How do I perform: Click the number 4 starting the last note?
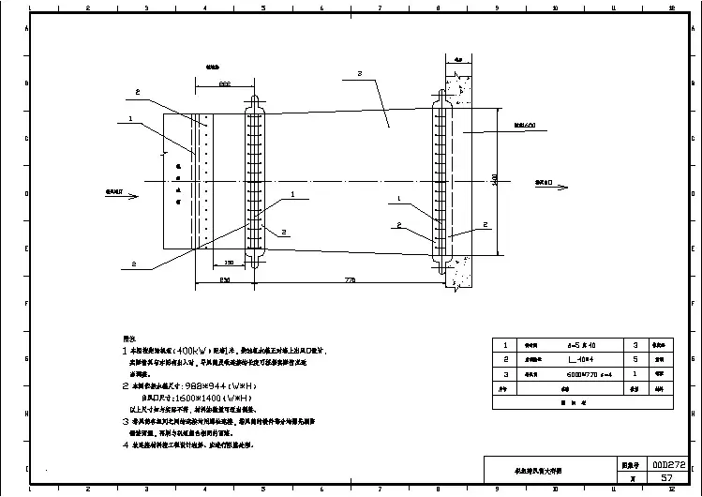tap(125, 445)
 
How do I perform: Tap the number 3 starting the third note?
tap(125, 421)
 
